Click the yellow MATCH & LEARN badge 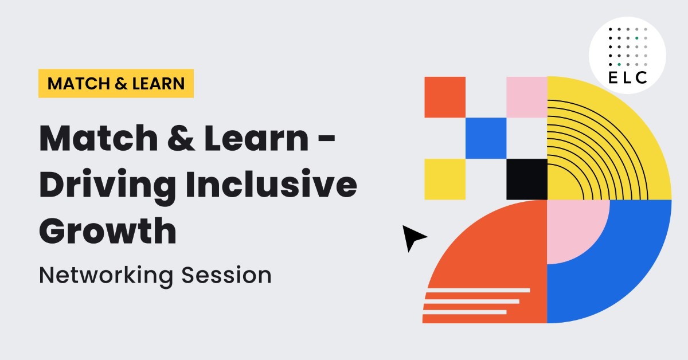coord(116,84)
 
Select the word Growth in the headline coord(107,230)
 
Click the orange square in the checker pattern coord(445,97)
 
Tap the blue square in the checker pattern coord(486,138)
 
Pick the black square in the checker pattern coord(527,179)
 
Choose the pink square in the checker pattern coord(527,97)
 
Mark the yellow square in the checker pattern coord(445,179)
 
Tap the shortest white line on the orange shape coord(465,312)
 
